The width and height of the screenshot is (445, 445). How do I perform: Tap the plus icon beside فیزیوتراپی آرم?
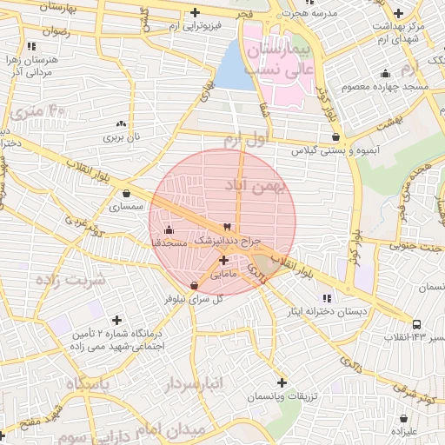[x=195, y=13]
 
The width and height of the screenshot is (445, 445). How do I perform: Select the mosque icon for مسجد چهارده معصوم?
[x=384, y=74]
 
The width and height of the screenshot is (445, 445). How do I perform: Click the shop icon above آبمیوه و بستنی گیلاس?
[x=335, y=137]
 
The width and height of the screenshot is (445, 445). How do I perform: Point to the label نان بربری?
[x=122, y=137]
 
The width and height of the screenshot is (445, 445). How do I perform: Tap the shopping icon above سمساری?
[x=128, y=194]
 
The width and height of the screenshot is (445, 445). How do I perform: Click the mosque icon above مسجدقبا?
[x=168, y=230]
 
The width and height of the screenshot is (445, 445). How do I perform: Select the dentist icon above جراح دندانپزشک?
[x=228, y=225]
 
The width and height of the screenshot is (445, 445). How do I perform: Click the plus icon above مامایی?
[x=224, y=260]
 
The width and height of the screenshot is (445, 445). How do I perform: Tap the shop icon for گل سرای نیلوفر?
[x=193, y=285]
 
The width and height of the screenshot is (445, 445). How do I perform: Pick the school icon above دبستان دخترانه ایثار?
[x=327, y=298]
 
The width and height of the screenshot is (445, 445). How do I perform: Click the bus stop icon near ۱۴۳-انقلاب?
[x=416, y=324]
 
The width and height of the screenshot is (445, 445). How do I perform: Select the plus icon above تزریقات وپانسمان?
[x=282, y=382]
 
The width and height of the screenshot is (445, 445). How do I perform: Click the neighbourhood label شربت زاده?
[x=70, y=280]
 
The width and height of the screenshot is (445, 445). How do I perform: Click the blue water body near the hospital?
[x=232, y=67]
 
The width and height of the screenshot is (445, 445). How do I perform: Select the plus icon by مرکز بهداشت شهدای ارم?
[x=398, y=13]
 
